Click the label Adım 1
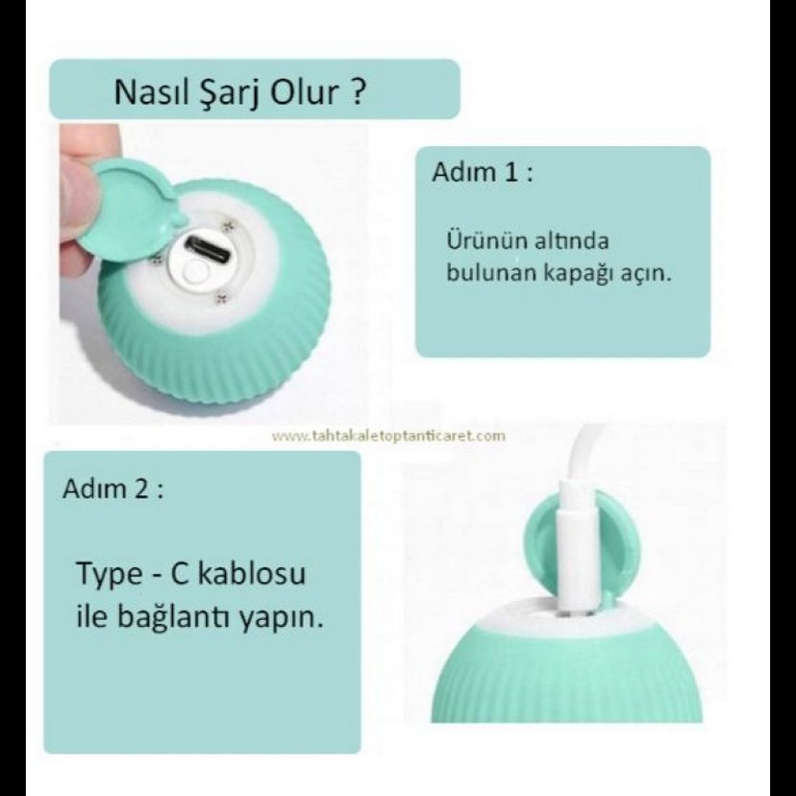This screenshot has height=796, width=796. [482, 176]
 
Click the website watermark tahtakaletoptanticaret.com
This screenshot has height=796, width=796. [387, 435]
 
